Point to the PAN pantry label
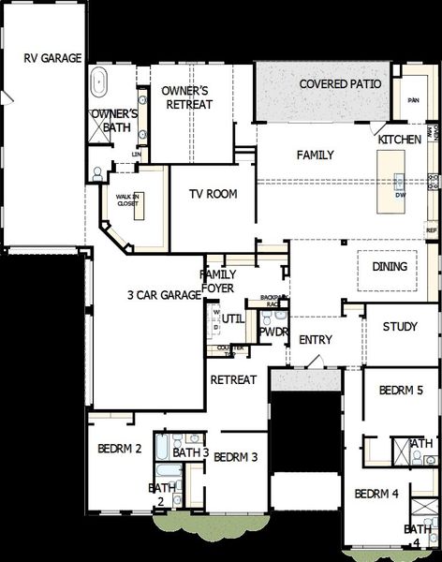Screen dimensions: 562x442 [x=410, y=100]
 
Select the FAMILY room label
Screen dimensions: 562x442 [x=316, y=155]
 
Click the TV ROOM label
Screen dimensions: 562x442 [x=214, y=195]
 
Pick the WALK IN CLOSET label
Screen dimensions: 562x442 [x=126, y=201]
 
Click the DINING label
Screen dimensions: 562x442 [x=390, y=267]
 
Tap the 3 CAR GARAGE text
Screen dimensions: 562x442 [x=165, y=295]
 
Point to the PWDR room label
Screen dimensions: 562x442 [x=273, y=332]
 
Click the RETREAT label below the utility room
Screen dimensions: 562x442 [x=233, y=379]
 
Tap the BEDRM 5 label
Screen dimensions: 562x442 [x=401, y=390]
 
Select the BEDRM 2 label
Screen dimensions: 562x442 [x=119, y=450]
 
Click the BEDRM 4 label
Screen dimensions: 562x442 [x=376, y=494]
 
